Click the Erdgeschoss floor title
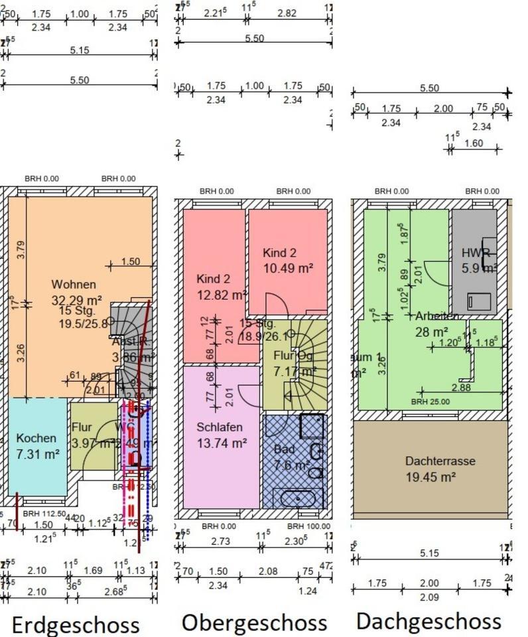(76, 625)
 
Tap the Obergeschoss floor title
(254, 622)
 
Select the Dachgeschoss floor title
(429, 621)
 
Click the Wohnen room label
(74, 285)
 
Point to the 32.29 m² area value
(77, 300)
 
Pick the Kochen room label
(36, 439)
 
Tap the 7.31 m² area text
(38, 455)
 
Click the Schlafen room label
(220, 427)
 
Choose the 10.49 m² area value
(288, 268)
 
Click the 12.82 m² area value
(222, 294)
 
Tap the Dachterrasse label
(440, 461)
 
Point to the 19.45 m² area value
(430, 477)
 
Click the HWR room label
(476, 253)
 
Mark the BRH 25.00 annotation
(430, 401)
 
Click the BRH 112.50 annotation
(44, 514)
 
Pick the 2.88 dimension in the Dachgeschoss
(461, 387)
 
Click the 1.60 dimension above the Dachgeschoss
(474, 143)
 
